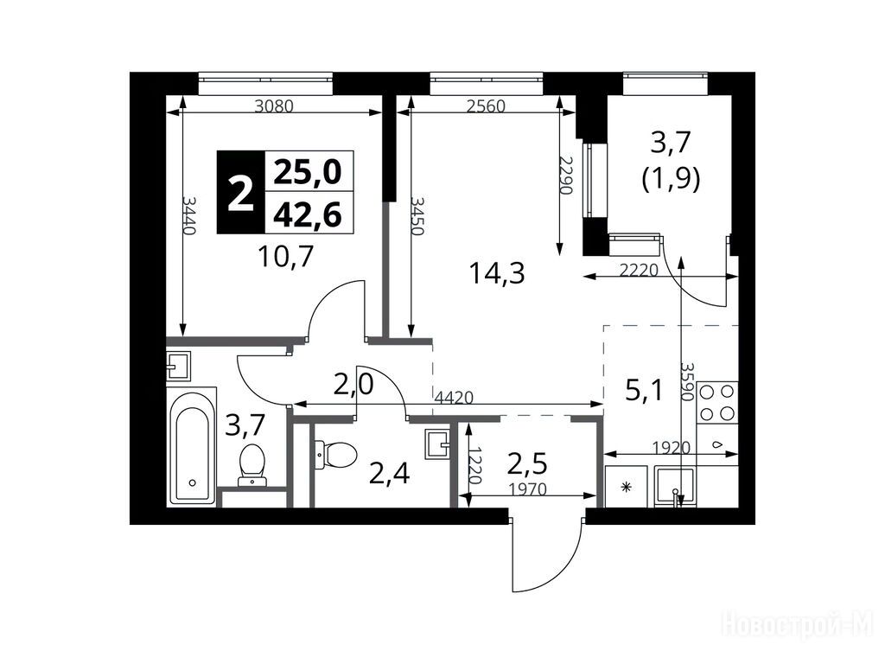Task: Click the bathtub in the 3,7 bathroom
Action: point(193,446)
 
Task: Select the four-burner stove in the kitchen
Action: point(717,403)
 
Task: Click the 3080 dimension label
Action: point(274,106)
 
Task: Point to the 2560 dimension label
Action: point(486,106)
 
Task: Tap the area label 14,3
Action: point(497,274)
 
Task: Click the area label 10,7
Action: point(285,257)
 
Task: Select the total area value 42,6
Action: point(309,215)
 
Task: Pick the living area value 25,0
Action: point(309,172)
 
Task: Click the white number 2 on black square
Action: point(241,193)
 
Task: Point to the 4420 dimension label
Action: point(453,398)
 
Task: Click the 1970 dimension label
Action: point(527,489)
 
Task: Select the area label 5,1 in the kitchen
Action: point(644,390)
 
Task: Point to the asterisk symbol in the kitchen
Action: point(626,488)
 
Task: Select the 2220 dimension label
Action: point(640,271)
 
